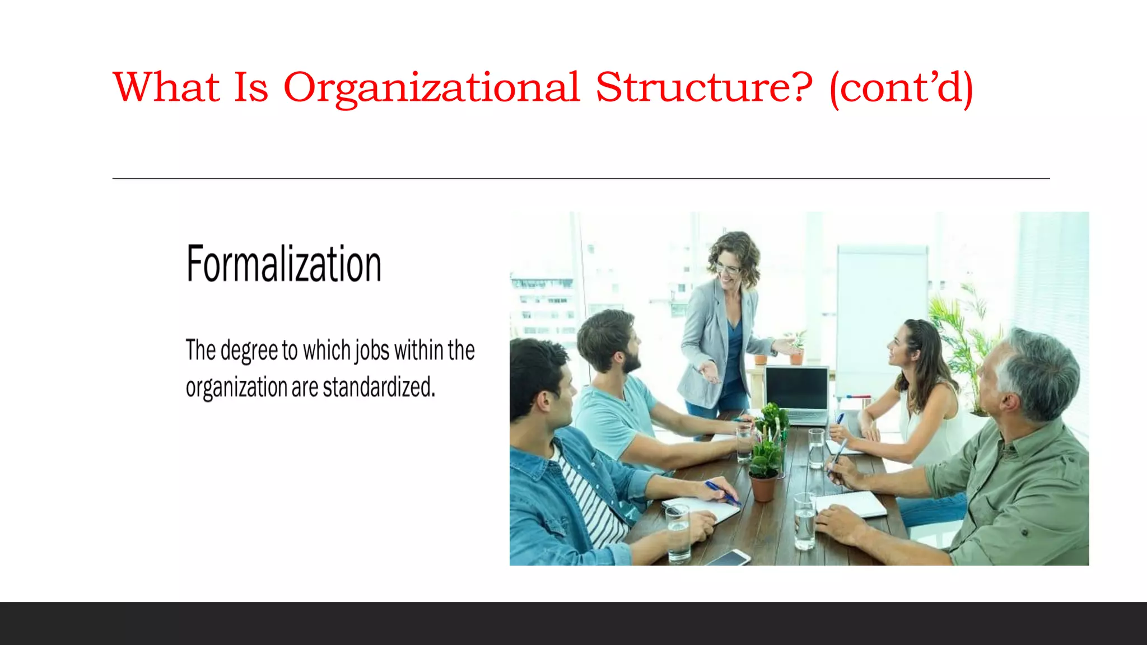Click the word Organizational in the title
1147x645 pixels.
click(431, 88)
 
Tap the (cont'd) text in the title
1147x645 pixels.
click(901, 88)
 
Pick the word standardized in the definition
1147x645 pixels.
click(379, 387)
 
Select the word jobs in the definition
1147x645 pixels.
click(372, 351)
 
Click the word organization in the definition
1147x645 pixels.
click(236, 388)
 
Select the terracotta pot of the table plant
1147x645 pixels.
click(763, 487)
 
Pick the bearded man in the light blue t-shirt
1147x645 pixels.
click(616, 386)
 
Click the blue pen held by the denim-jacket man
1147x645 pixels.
click(722, 493)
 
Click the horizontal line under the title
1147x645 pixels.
click(581, 179)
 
